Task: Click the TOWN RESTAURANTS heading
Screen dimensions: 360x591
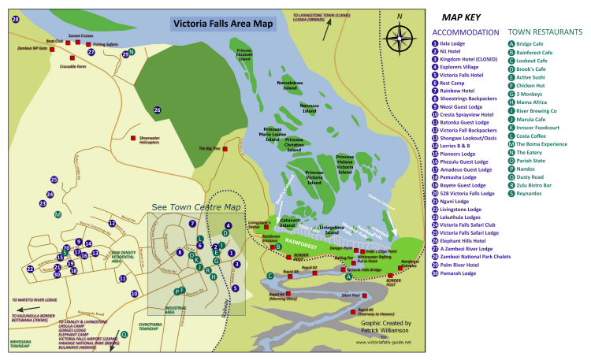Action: [x=545, y=32]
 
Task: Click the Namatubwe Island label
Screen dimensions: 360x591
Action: [x=296, y=84]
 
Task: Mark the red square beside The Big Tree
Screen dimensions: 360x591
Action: [x=225, y=148]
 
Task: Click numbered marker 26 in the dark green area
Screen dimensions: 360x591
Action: [x=157, y=109]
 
